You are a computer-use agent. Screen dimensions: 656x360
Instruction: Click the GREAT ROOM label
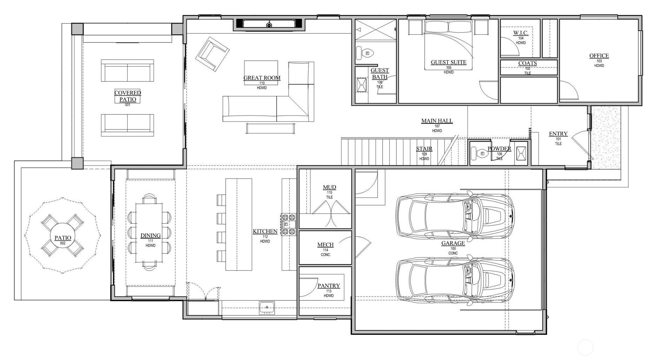coord(262,78)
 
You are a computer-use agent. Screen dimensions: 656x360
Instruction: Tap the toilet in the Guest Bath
coord(365,53)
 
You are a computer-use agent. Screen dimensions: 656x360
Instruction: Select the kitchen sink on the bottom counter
coord(267,308)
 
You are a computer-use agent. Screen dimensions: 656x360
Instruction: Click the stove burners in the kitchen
coord(289,224)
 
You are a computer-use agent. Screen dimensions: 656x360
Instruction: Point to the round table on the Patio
coord(62,238)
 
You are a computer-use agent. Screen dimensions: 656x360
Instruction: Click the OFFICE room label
coord(599,56)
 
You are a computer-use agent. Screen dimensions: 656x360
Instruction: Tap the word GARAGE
coord(453,243)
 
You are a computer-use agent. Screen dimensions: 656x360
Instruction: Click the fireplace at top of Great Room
coord(269,24)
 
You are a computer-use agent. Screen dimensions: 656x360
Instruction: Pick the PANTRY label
coord(329,286)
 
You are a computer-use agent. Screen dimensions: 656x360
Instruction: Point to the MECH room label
coord(325,245)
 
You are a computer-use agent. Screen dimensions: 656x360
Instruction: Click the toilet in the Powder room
coord(479,153)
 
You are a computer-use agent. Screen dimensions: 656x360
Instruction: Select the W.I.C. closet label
coord(521,33)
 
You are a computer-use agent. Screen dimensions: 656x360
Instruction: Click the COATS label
coord(528,64)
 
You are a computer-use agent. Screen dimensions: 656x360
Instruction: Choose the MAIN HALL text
coord(437,121)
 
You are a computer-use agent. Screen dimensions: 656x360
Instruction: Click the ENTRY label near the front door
coord(558,134)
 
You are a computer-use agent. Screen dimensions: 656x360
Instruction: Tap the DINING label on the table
coord(151,236)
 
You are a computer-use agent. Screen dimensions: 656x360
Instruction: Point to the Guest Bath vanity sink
coord(362,85)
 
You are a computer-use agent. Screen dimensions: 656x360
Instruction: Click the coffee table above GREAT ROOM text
coord(261,73)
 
